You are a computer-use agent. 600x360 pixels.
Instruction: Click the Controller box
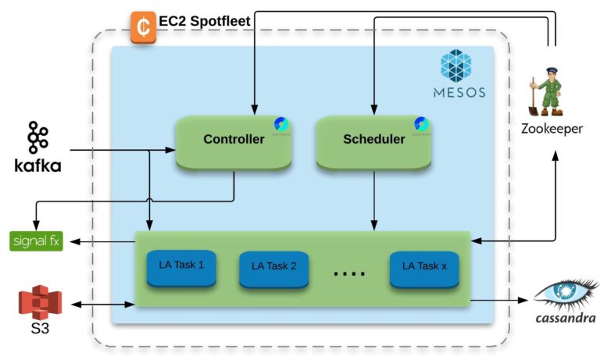(233, 141)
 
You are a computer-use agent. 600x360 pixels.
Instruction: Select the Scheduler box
(373, 141)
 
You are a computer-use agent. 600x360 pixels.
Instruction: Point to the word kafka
(37, 166)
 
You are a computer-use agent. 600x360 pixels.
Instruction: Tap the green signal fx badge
(37, 241)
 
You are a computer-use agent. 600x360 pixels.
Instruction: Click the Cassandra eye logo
(565, 294)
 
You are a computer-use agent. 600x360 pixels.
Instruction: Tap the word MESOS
(459, 93)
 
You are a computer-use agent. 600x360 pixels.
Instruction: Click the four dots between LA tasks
(349, 273)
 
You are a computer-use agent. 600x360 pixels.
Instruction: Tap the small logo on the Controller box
(281, 125)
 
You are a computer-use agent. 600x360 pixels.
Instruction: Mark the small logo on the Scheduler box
(422, 125)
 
